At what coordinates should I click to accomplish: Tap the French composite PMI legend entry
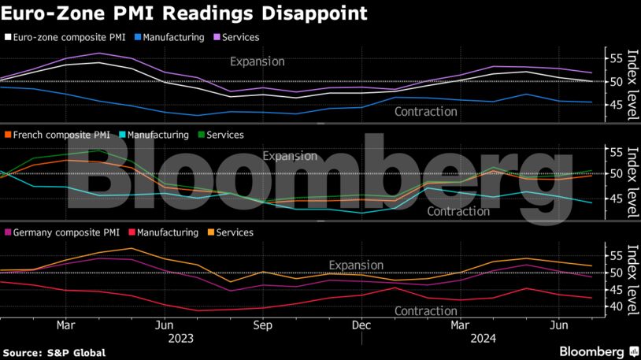[58, 135]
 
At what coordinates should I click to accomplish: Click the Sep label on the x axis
[262, 325]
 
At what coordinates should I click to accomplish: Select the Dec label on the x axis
[361, 325]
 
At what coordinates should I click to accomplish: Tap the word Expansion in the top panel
[257, 61]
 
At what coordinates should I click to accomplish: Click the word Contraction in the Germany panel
[424, 311]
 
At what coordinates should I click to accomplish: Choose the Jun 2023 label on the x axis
[164, 325]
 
